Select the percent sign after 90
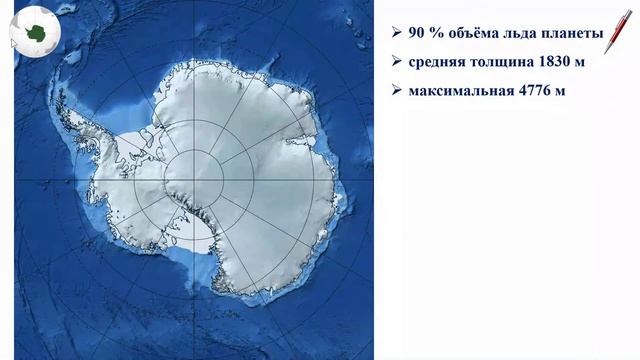coord(439,32)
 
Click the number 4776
coord(541,94)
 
